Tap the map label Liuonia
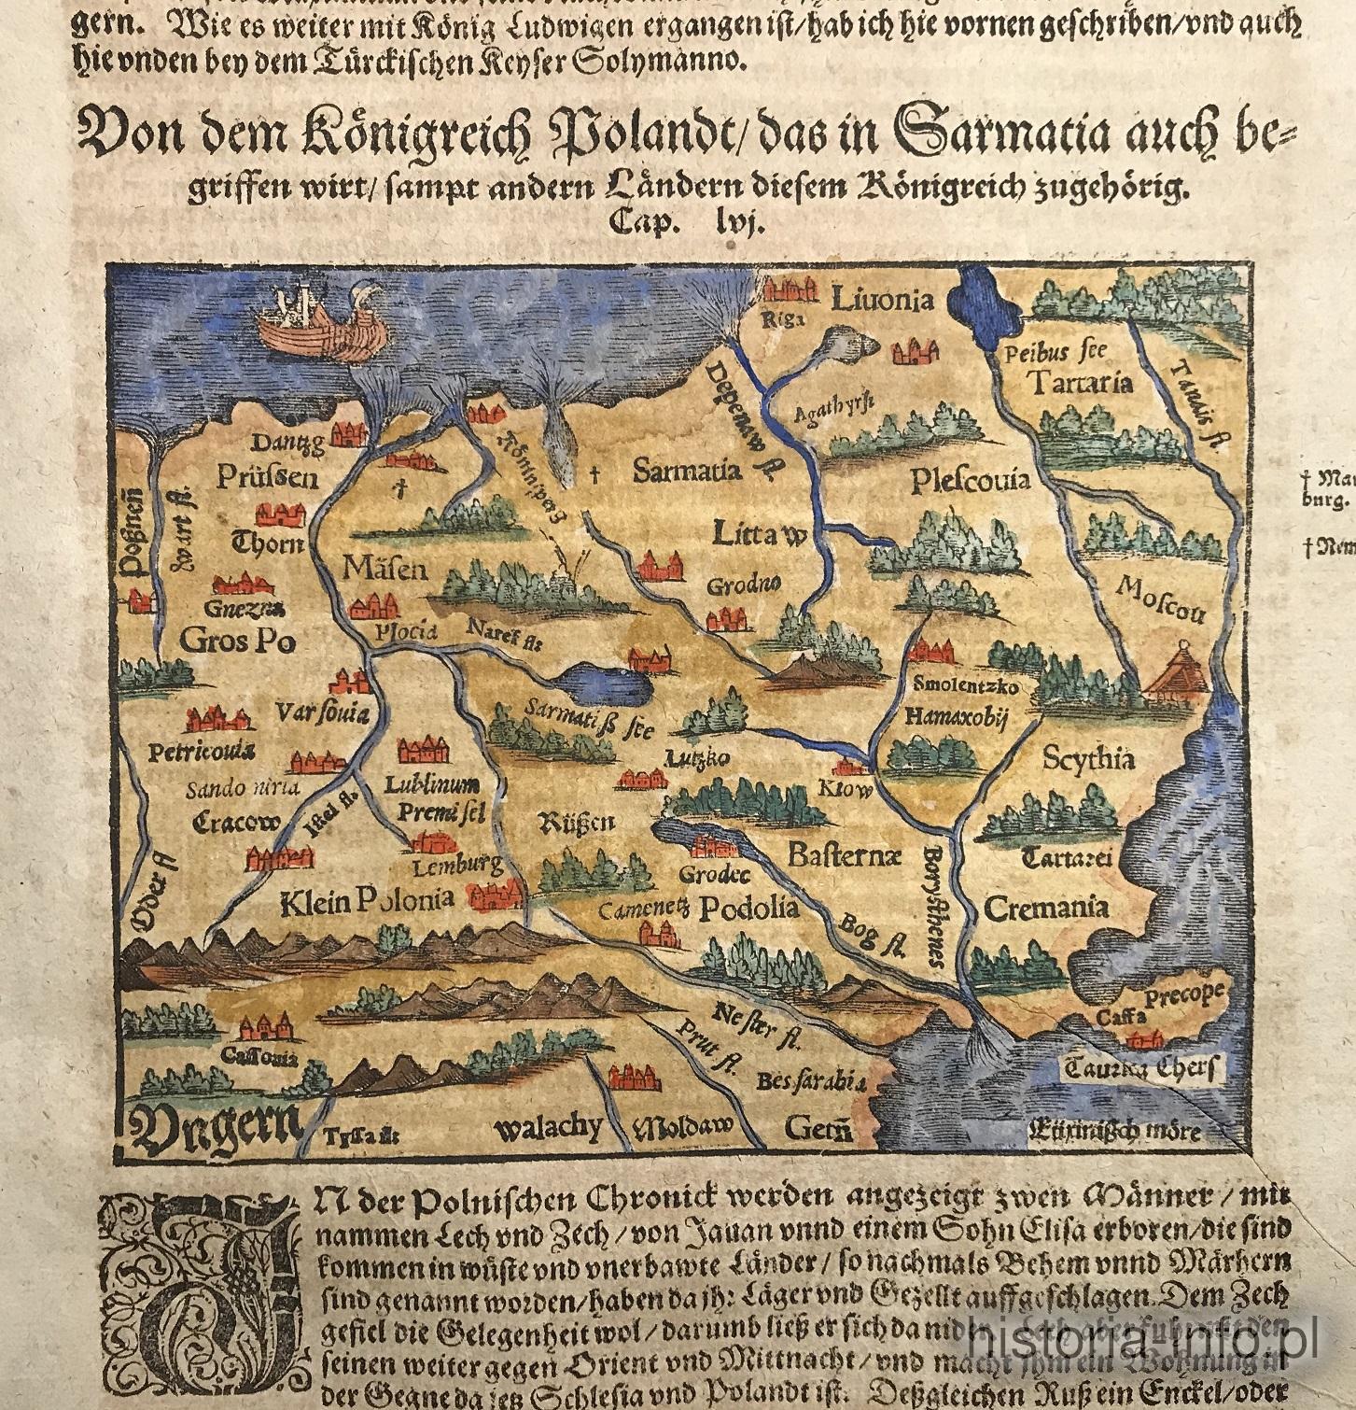(881, 300)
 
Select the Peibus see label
(1055, 353)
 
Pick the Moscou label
(1160, 599)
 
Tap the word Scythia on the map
(1088, 758)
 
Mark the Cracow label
(235, 823)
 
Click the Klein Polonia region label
(367, 900)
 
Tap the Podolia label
(749, 908)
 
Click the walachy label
(548, 1128)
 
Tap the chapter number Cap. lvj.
(686, 222)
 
